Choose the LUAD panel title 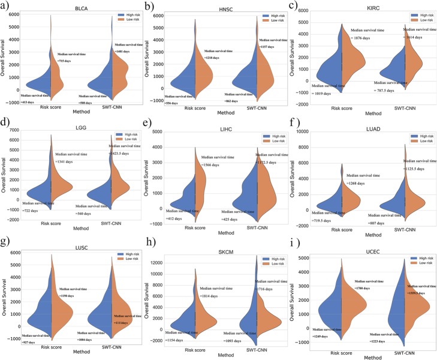click(367, 127)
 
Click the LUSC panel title click(74, 247)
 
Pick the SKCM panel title click(221, 247)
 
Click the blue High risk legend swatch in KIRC click(398, 13)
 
